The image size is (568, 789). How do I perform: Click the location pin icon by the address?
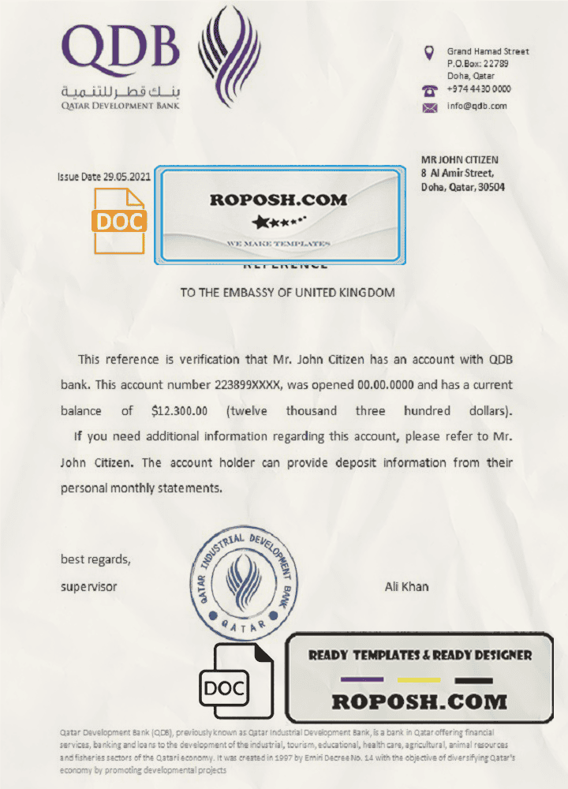tap(429, 54)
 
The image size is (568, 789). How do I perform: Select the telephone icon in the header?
tap(430, 90)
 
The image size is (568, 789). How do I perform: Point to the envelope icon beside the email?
tap(430, 107)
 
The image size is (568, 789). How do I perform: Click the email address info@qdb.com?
tap(476, 107)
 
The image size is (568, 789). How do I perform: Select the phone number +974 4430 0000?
tap(479, 89)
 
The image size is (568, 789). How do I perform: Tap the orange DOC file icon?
tap(120, 221)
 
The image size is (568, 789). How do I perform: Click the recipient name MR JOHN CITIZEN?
tap(459, 160)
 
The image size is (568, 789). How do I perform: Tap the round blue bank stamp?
tap(245, 585)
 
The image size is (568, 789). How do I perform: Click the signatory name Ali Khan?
tap(406, 586)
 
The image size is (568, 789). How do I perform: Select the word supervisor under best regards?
tap(89, 587)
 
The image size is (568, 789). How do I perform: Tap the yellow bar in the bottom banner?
tap(419, 679)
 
